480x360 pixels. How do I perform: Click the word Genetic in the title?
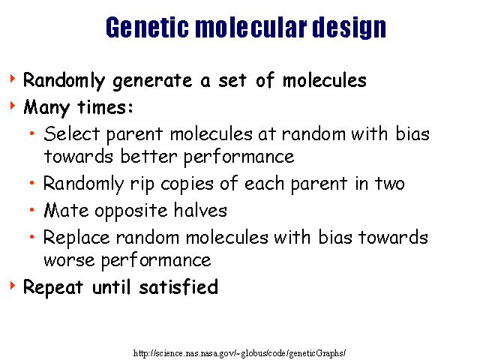click(x=147, y=27)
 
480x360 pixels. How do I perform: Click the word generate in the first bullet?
click(x=152, y=82)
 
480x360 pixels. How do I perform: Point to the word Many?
click(x=46, y=108)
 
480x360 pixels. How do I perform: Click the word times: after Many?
click(x=105, y=107)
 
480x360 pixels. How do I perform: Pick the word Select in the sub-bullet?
click(x=72, y=133)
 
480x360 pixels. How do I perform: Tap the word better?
click(x=148, y=157)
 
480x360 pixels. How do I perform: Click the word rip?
click(x=142, y=184)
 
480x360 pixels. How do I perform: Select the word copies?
click(x=187, y=184)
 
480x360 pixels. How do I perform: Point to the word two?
click(x=389, y=184)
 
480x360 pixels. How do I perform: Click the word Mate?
click(x=66, y=211)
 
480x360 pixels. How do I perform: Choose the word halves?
click(x=200, y=210)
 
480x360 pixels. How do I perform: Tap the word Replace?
click(x=76, y=238)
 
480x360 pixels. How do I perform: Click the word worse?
click(x=69, y=261)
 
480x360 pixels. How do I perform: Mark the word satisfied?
click(x=178, y=287)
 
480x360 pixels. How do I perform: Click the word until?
click(x=112, y=287)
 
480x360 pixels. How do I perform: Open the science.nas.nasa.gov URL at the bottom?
click(x=240, y=353)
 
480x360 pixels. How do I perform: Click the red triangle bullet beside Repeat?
click(x=12, y=285)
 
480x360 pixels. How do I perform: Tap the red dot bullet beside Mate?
click(x=31, y=210)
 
